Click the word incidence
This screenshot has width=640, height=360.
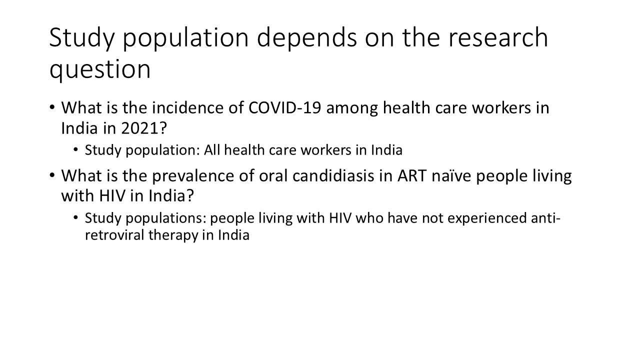point(169,108)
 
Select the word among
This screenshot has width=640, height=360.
point(355,108)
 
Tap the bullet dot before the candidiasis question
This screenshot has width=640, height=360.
point(52,176)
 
